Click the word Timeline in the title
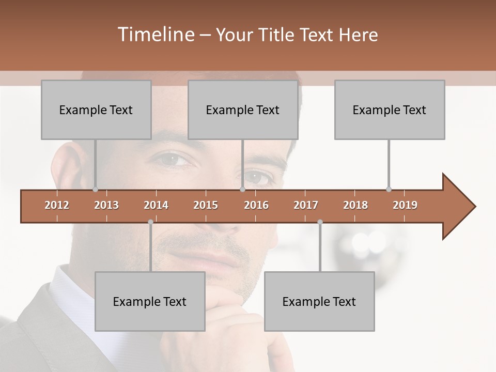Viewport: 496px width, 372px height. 155,35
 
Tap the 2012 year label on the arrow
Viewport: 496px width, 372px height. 57,205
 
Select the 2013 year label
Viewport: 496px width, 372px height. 106,205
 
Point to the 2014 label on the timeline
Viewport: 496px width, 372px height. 156,205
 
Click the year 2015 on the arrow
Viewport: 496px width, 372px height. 206,205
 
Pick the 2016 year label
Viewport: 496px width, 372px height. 256,205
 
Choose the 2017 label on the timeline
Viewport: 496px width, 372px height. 306,205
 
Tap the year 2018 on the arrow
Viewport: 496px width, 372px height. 355,205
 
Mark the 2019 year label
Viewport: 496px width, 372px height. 405,205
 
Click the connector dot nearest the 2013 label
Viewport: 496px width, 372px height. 96,189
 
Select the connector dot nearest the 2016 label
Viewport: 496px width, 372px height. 242,189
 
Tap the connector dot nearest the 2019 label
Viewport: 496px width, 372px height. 389,189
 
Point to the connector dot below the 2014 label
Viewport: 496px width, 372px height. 150,222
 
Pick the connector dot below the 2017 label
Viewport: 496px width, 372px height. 320,222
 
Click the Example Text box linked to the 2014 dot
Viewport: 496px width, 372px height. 150,301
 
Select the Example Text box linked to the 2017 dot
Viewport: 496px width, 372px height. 319,301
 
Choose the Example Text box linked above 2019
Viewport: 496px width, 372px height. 390,110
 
